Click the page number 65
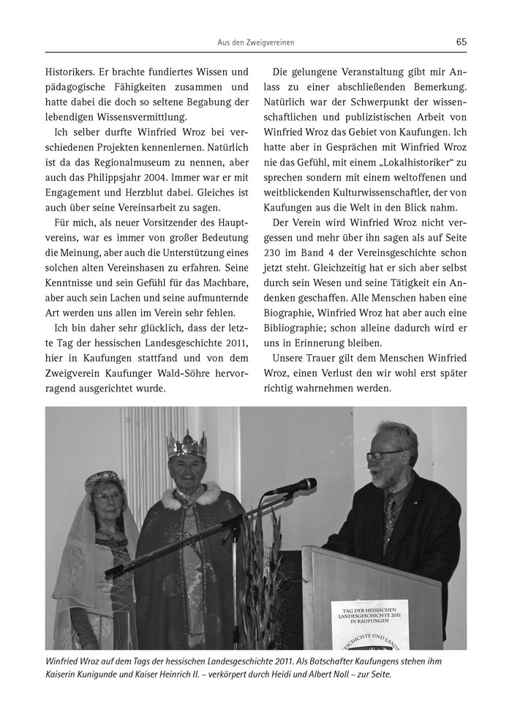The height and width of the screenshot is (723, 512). coord(461,42)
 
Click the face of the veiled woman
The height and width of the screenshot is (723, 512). coord(107,503)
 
